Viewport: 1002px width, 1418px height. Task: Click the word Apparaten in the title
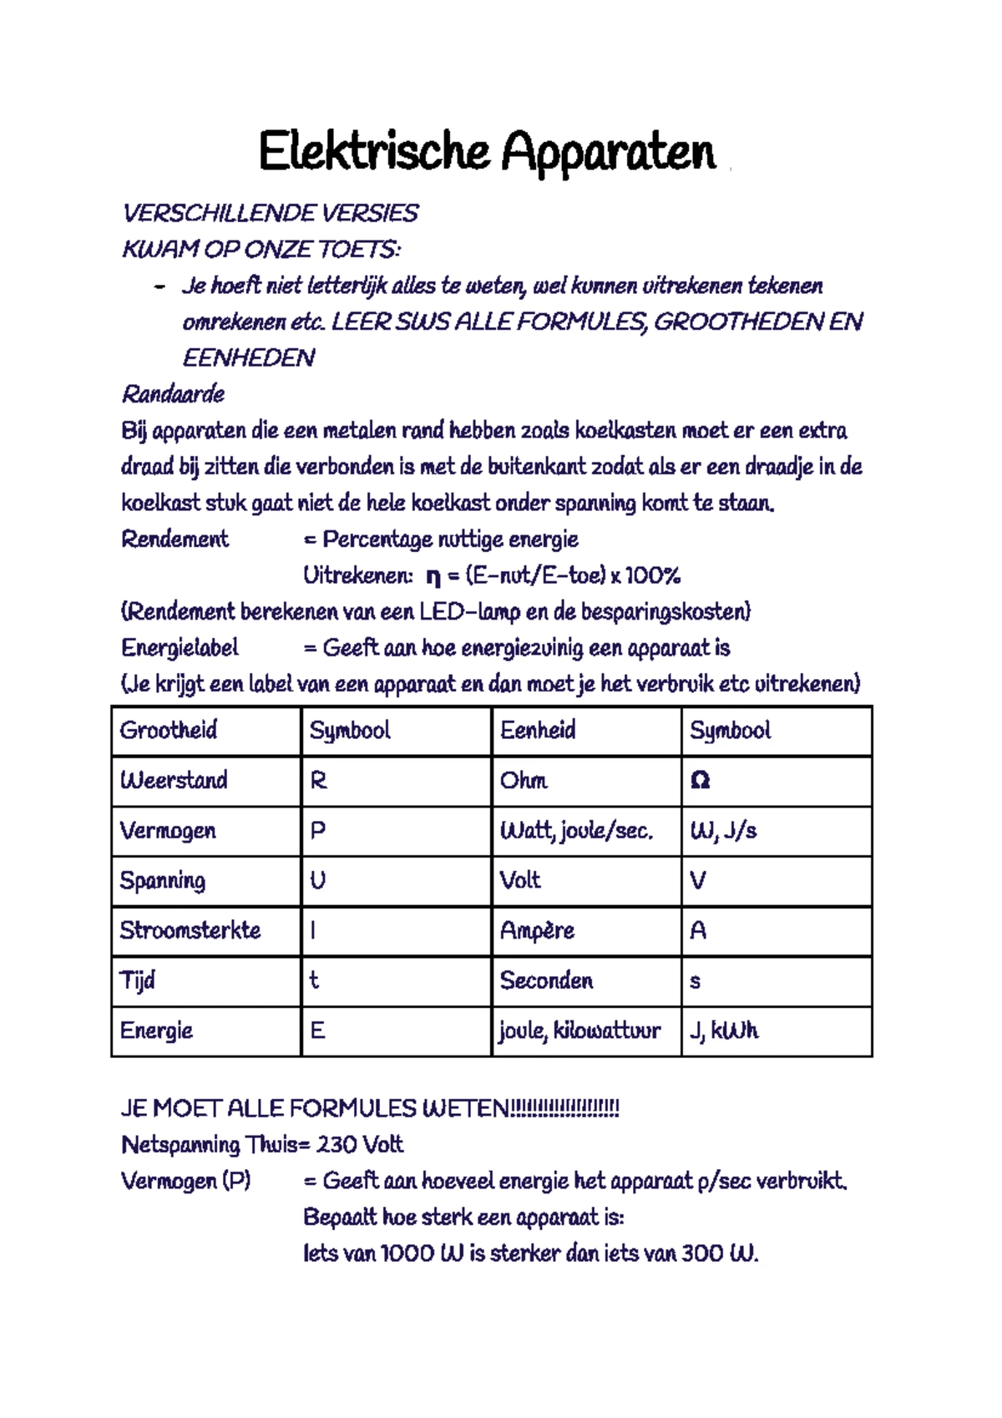pyautogui.click(x=608, y=153)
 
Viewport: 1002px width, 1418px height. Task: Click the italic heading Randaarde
pyautogui.click(x=173, y=394)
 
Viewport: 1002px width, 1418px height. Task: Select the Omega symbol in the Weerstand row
pyautogui.click(x=700, y=781)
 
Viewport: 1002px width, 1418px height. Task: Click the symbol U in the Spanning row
pyautogui.click(x=317, y=881)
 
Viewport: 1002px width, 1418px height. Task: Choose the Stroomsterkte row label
pyautogui.click(x=190, y=930)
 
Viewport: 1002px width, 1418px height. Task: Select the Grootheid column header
pyautogui.click(x=169, y=731)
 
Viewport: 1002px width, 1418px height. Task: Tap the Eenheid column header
pyautogui.click(x=538, y=731)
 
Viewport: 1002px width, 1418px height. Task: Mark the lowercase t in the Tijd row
pyautogui.click(x=314, y=980)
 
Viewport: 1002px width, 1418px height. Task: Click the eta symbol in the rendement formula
pyautogui.click(x=433, y=577)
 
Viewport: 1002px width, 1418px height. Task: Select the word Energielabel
pyautogui.click(x=180, y=649)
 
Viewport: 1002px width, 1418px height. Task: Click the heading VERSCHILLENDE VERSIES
pyautogui.click(x=270, y=214)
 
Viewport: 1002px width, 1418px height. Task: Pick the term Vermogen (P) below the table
pyautogui.click(x=185, y=1182)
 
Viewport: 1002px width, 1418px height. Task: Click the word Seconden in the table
pyautogui.click(x=546, y=980)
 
